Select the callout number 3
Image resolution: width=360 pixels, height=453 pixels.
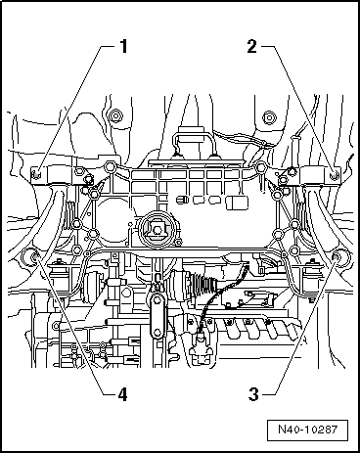click(x=251, y=395)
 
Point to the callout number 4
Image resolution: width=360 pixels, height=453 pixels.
click(x=123, y=395)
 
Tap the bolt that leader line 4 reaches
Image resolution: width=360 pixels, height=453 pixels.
click(x=30, y=258)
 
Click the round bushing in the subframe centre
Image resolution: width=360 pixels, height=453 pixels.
click(x=156, y=233)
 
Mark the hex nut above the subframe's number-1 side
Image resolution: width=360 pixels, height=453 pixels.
click(x=116, y=117)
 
